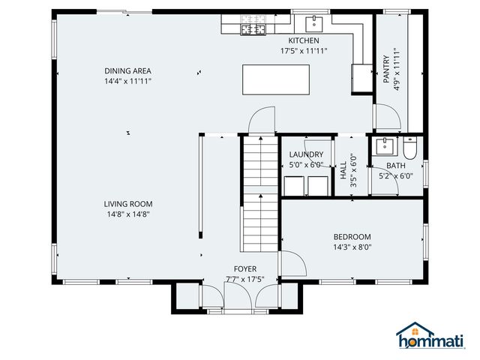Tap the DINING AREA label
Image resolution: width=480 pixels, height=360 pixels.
point(127,71)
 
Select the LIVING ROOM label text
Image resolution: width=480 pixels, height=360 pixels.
point(128,203)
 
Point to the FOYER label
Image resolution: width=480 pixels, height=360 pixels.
point(244,268)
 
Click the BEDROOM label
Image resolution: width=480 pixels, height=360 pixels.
point(352,236)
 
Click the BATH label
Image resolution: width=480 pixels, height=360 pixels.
point(395,166)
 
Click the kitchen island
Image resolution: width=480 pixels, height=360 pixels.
point(276,79)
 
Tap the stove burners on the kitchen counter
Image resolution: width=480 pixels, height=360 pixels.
point(253,29)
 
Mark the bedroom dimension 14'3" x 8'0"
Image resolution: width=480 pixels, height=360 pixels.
point(352,247)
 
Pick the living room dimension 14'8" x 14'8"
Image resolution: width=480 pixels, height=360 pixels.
point(128,214)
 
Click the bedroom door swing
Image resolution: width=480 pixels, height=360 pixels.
point(292,263)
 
